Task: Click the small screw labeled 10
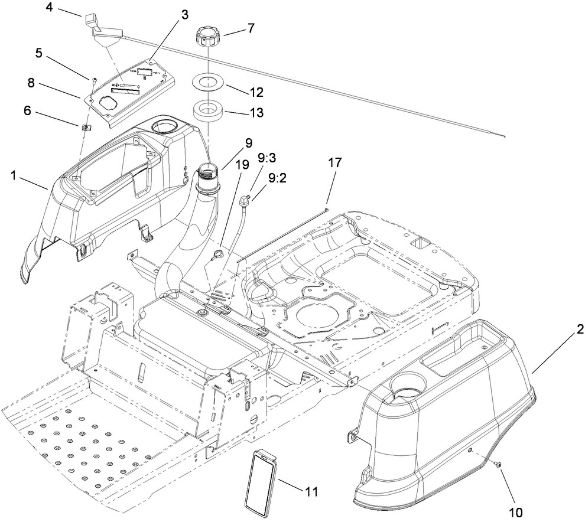click(498, 466)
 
